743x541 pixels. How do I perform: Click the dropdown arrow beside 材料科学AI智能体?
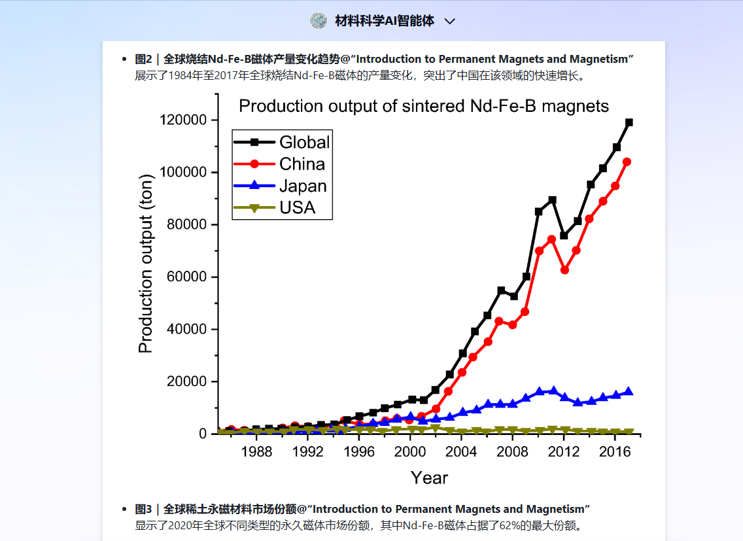[450, 22]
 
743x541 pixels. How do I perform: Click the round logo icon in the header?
[319, 20]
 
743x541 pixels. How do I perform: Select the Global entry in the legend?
[281, 142]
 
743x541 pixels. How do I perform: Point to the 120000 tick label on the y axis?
[183, 120]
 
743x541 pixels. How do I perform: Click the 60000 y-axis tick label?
[186, 277]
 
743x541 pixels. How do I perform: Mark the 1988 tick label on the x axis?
[256, 451]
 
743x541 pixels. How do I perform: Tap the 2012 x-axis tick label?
[563, 451]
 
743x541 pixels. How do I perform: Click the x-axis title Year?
[429, 478]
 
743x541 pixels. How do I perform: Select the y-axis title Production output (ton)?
[145, 264]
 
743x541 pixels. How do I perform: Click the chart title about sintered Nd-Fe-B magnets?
[424, 106]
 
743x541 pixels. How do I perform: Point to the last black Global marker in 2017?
[629, 122]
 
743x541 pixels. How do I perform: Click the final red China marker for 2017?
[627, 162]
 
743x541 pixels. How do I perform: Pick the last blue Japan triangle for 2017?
[629, 391]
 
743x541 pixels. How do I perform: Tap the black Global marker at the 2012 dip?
[564, 236]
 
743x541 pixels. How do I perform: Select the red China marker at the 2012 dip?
[564, 270]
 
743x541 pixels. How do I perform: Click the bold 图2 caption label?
[143, 60]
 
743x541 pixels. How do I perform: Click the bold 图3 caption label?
[143, 509]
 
